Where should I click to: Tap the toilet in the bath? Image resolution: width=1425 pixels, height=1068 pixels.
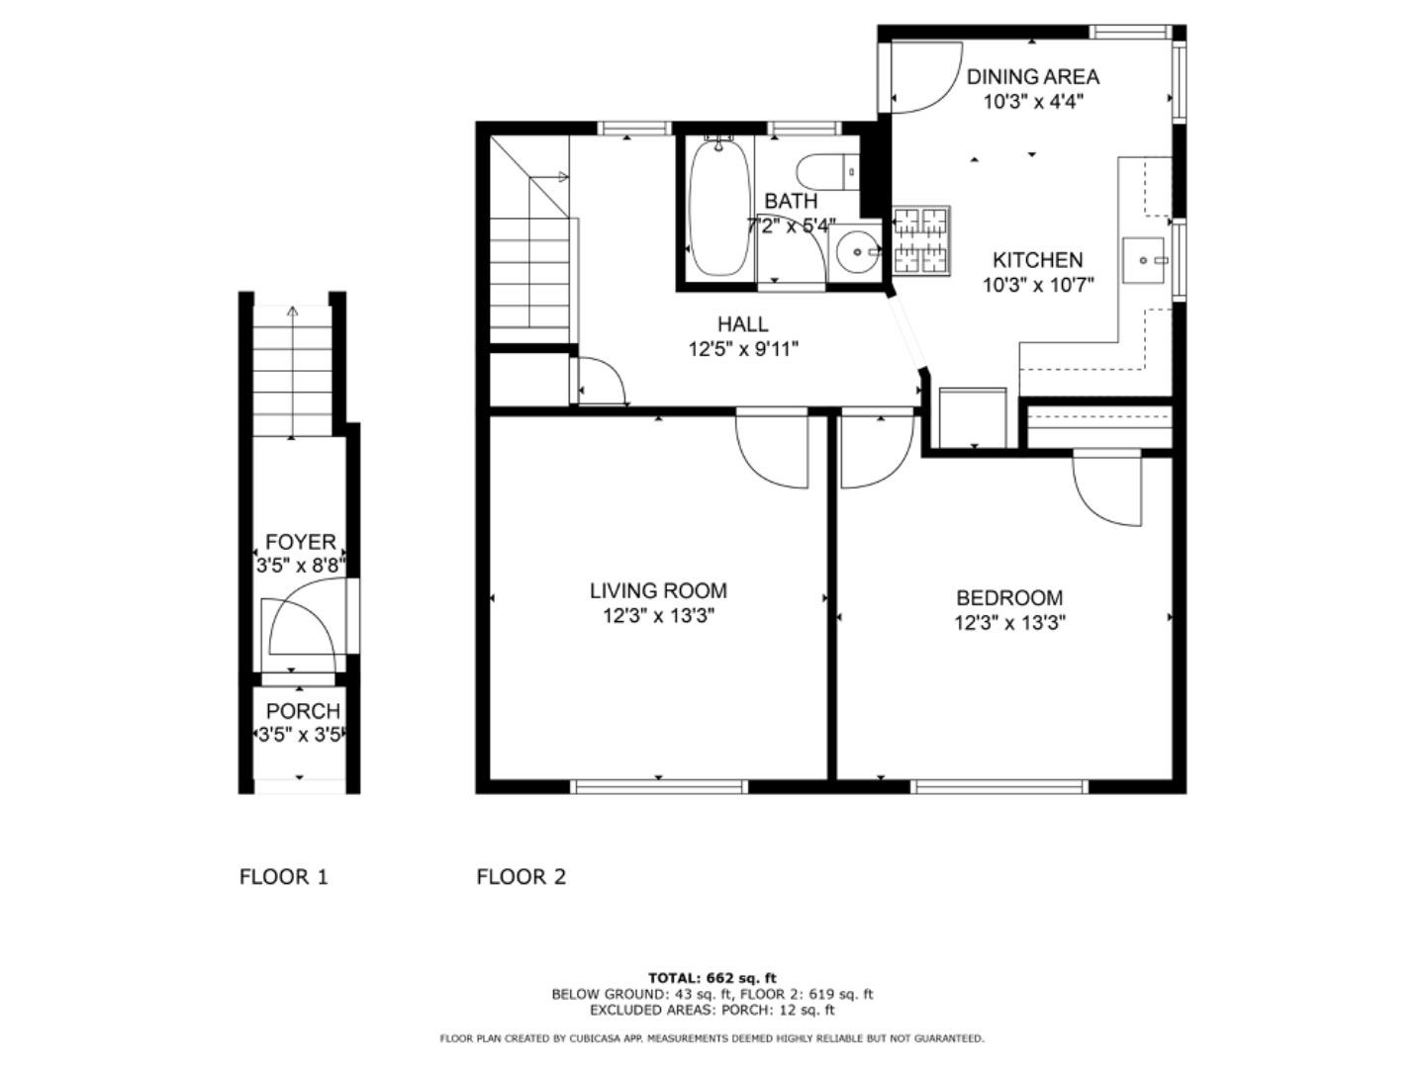point(826,173)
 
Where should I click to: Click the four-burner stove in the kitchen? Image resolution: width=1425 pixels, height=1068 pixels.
point(921,240)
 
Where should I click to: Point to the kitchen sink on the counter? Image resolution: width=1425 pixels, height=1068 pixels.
point(1147,260)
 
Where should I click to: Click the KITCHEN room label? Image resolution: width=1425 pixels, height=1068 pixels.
point(1037,260)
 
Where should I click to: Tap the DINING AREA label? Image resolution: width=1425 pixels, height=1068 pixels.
point(1032,76)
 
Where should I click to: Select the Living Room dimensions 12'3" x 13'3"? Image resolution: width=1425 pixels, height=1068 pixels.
point(658,616)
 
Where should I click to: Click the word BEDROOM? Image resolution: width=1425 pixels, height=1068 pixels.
point(1008,597)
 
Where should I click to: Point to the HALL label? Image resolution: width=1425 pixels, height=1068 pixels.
point(742,323)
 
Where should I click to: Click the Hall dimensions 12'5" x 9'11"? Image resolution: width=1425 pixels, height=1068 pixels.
point(742,349)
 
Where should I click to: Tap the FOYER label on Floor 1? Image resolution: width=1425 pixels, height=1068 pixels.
point(300,542)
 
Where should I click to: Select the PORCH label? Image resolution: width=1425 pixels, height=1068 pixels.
point(303,711)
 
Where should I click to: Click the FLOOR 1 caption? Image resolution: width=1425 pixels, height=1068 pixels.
point(283,876)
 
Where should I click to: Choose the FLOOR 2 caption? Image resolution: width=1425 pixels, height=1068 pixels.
point(521,876)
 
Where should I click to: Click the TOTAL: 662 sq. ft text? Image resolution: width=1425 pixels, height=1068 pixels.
point(712,978)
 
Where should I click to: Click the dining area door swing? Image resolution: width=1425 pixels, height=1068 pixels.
point(920,79)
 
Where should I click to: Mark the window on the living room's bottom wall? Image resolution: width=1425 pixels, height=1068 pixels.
point(659,787)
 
